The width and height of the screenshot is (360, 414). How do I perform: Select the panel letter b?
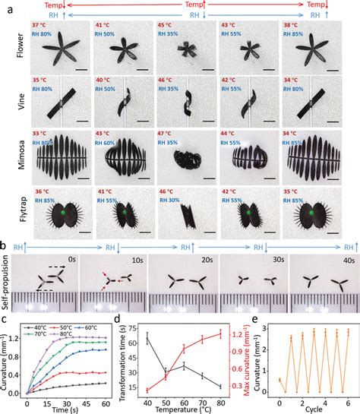click(5, 248)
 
